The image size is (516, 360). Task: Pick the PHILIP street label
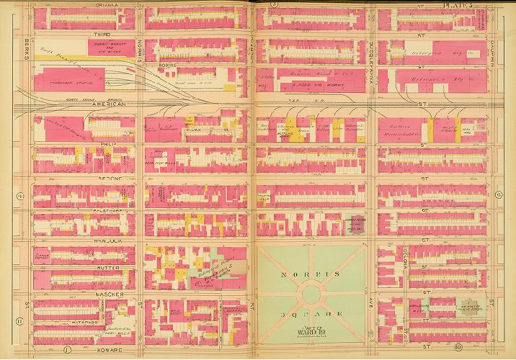click(x=118, y=145)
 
